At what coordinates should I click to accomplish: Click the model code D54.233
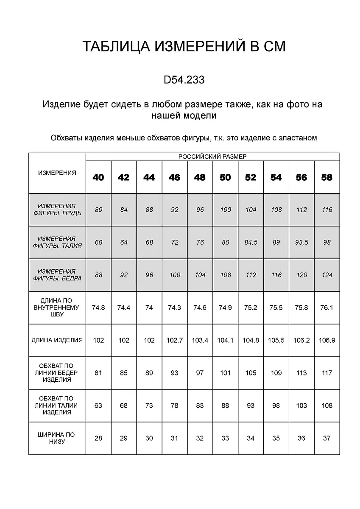point(184,80)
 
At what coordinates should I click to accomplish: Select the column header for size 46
point(174,177)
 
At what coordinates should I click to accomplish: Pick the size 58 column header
point(327,177)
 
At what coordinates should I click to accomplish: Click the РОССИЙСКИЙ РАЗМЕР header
point(212,157)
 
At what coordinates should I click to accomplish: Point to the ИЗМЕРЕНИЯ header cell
point(57,173)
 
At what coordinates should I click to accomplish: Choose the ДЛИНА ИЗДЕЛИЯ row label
point(57,340)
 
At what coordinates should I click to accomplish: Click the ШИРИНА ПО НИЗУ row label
point(57,438)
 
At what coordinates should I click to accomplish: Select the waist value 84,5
point(251,243)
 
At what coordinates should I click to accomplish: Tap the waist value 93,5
point(301,243)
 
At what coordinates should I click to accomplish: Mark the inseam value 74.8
point(98,308)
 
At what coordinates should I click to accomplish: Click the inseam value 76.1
point(327,308)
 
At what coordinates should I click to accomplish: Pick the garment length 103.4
point(200,340)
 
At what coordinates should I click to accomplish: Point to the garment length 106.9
point(327,340)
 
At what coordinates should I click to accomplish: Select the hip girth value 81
point(98,373)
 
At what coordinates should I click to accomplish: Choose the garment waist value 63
point(98,406)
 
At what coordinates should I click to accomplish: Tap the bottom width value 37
point(327,438)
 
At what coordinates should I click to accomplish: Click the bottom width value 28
point(98,438)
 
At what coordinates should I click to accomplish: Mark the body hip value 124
point(327,275)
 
